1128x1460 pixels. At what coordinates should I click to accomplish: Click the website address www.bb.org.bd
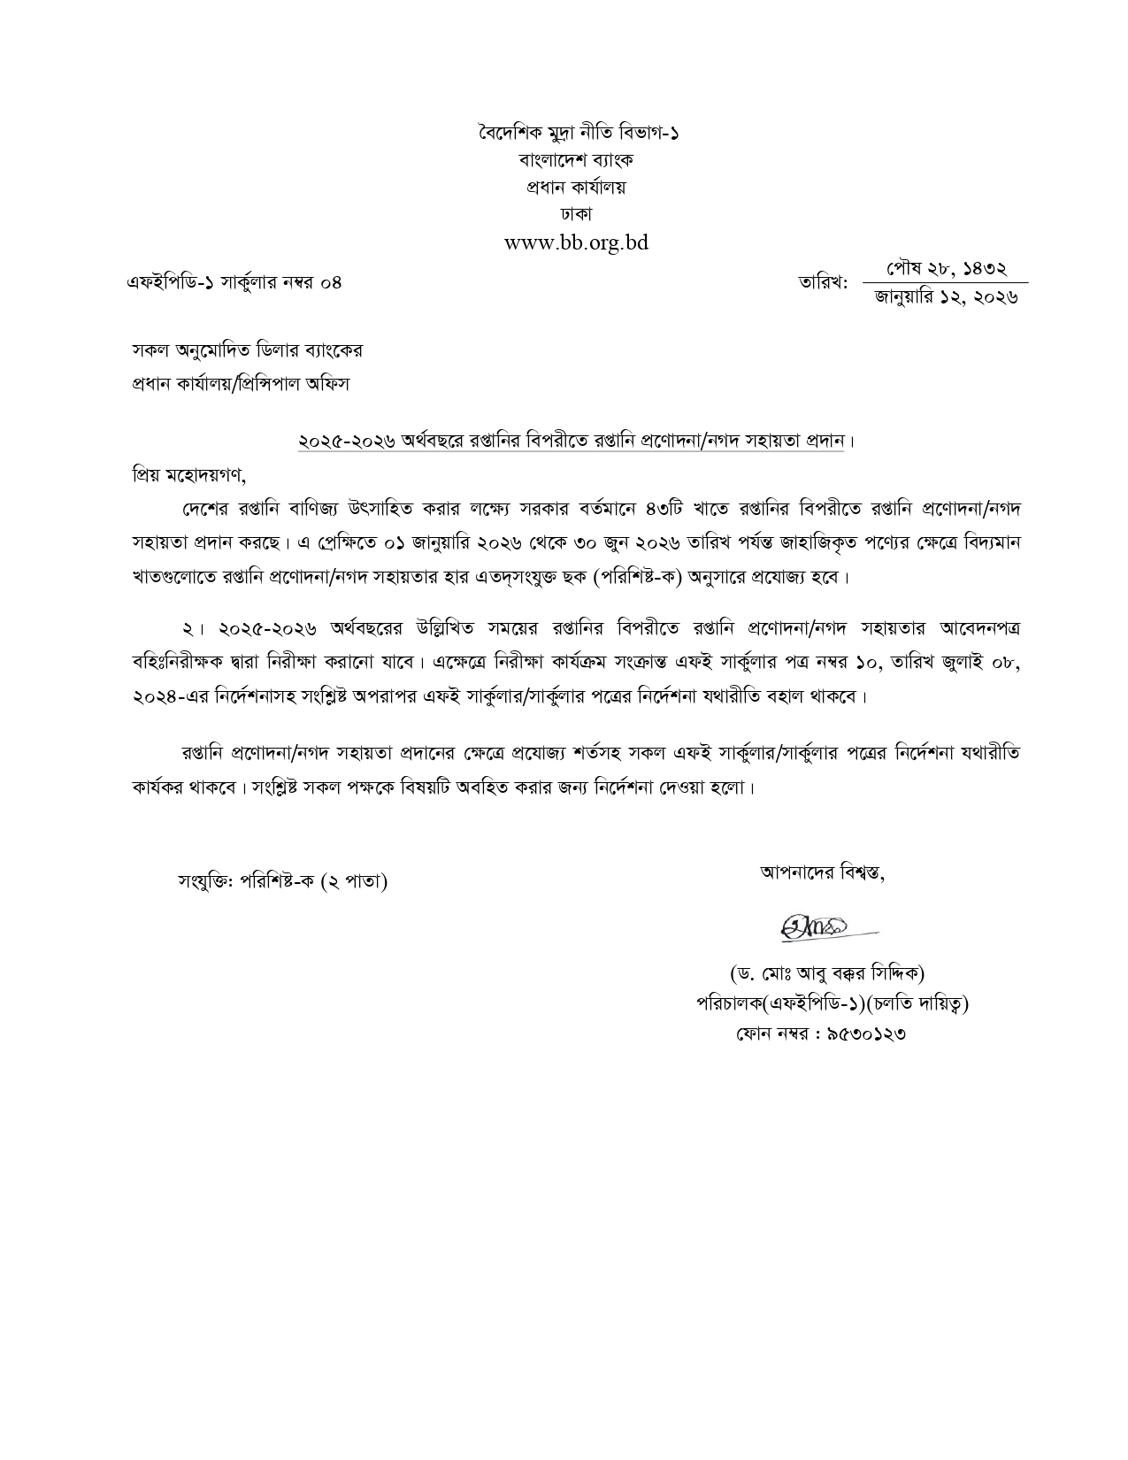coord(576,242)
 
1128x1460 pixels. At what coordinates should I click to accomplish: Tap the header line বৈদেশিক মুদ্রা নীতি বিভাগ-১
coord(576,134)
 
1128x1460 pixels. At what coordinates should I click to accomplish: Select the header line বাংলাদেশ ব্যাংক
coord(576,160)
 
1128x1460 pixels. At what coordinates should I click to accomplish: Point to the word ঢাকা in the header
coord(576,214)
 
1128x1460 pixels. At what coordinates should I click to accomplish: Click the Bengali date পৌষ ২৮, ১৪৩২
coord(946,269)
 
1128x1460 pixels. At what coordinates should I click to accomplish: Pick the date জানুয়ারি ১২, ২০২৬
coord(946,297)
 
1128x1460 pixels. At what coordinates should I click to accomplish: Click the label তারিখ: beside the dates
coord(823,283)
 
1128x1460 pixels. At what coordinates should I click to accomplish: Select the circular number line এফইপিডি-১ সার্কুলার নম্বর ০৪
coord(234,283)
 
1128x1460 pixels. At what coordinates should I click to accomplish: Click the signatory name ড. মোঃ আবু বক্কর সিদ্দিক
coord(826,974)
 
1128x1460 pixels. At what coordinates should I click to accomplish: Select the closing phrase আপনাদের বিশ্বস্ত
coord(822,872)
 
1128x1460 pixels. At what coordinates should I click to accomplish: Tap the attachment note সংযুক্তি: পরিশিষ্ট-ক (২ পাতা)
coord(282,881)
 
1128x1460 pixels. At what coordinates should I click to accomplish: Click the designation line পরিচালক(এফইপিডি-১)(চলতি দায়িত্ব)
coord(831,1004)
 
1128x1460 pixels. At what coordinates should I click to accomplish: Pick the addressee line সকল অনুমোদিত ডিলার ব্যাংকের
coord(247,350)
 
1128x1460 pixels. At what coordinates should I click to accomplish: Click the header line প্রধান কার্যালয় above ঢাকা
coord(576,188)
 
